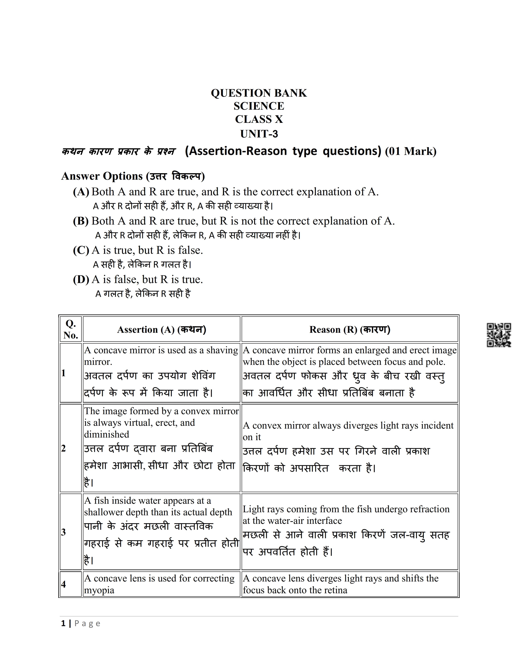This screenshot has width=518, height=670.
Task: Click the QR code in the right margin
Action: pos(499,335)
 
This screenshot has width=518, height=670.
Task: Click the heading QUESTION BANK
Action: pos(259,93)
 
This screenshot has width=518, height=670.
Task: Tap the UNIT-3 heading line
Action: pos(259,134)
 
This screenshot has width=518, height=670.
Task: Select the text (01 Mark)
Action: pos(411,151)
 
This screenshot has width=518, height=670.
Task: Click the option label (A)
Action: pos(81,192)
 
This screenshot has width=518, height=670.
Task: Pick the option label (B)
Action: pos(81,221)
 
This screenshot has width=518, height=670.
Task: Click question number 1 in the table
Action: pos(64,373)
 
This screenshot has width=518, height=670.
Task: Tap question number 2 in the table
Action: pos(64,448)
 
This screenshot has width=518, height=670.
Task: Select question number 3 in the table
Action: pos(64,532)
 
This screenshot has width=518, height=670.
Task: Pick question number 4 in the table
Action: pos(64,584)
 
